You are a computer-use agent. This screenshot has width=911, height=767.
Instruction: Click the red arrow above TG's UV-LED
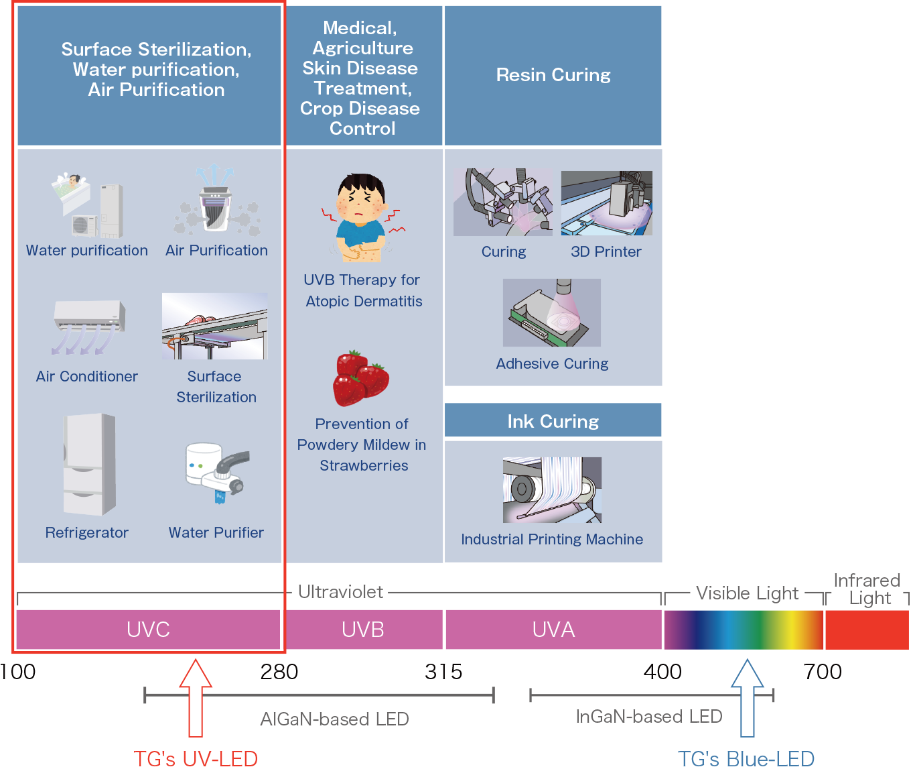[195, 697]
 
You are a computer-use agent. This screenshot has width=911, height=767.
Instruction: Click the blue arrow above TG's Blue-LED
[747, 697]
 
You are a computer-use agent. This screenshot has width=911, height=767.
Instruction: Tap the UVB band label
[363, 630]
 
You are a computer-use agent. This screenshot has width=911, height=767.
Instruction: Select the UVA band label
[553, 630]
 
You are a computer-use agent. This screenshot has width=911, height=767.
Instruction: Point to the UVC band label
[148, 630]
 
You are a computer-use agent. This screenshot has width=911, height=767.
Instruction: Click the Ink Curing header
[553, 421]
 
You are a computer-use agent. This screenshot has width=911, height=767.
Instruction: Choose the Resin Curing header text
[553, 75]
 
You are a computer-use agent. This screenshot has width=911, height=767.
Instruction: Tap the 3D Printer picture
[606, 203]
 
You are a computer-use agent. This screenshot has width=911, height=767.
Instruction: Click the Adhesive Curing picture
[552, 312]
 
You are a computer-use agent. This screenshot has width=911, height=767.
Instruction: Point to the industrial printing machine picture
[552, 490]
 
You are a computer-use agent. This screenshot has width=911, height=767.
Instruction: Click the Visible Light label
[747, 593]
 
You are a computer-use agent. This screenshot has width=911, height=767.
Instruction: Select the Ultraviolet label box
[340, 592]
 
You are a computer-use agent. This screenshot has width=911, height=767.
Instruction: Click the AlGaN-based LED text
[334, 719]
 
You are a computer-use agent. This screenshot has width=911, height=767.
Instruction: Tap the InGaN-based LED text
[648, 717]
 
